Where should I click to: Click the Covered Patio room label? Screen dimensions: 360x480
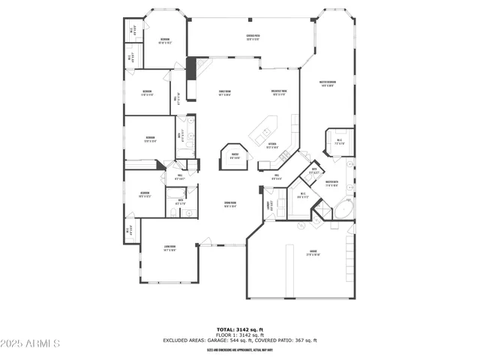coord(253,37)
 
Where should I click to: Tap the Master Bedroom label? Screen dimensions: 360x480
coord(327,83)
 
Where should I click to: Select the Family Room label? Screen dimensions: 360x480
coord(224,93)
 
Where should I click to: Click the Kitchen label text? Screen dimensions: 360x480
coord(273,145)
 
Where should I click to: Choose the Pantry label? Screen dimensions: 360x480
coord(235,157)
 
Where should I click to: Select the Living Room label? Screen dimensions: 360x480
coord(170,248)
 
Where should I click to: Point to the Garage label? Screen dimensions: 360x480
coord(313,253)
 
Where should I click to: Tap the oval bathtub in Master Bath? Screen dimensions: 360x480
coord(344,208)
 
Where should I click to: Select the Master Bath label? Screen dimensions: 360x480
coord(331,182)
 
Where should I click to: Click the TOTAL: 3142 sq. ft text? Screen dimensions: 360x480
coord(240,329)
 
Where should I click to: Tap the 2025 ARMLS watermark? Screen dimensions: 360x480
coord(31,343)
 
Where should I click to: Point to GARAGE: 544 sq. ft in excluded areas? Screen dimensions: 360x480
coord(229,340)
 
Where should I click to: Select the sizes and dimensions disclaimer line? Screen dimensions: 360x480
coord(240,350)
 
